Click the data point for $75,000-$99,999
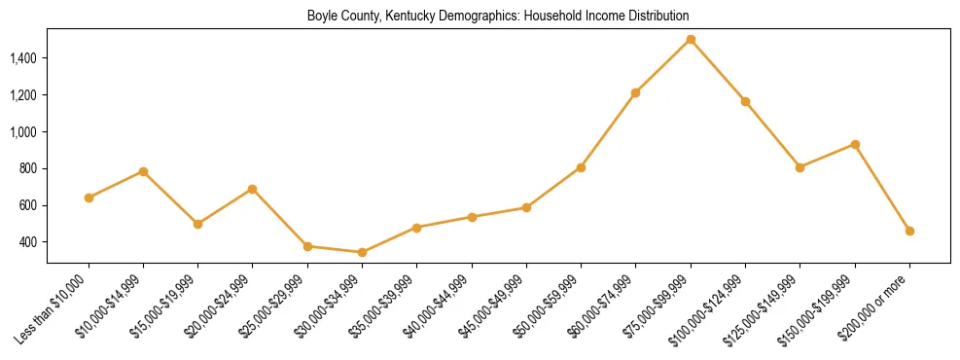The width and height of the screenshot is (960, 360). click(x=691, y=40)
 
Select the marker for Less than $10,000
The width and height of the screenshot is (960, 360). click(x=89, y=198)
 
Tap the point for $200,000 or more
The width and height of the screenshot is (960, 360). click(x=909, y=231)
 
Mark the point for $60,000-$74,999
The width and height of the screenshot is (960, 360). click(x=636, y=92)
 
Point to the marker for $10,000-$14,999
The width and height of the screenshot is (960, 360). click(x=143, y=171)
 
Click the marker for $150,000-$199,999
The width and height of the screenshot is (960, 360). click(x=855, y=144)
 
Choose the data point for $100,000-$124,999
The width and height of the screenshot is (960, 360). click(x=745, y=101)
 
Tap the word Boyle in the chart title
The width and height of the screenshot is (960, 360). click(x=321, y=16)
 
